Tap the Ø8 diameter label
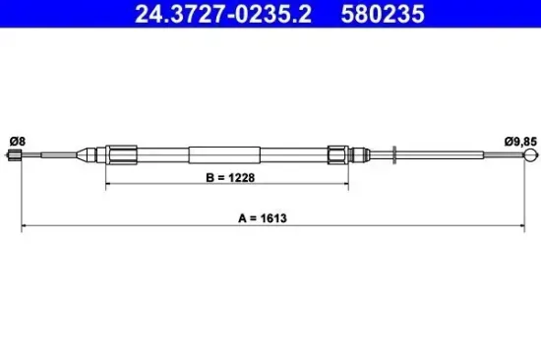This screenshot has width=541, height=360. pos(17,141)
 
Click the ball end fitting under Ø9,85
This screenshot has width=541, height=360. pos(532,153)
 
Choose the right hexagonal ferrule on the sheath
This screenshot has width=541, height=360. pos(336,153)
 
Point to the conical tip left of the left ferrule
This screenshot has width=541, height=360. pos(90,153)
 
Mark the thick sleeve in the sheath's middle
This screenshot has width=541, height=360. pos(225,153)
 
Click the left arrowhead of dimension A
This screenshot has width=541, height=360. pos(25,229)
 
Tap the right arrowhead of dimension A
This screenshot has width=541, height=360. pos(529,229)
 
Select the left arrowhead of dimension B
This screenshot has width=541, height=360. pos(108,185)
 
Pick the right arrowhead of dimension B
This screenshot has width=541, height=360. pos(345,185)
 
